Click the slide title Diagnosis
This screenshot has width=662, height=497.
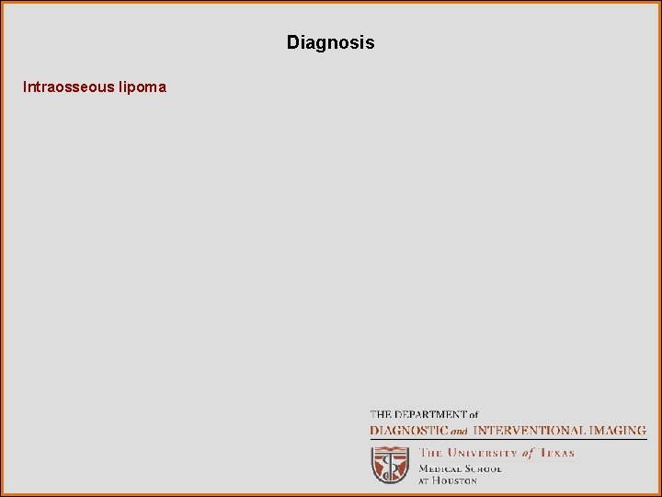point(330,42)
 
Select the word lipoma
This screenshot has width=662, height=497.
point(143,87)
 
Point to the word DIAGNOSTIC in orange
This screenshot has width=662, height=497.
point(408,430)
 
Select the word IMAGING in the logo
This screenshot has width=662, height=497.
point(617,430)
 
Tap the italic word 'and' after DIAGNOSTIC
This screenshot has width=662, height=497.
point(459,431)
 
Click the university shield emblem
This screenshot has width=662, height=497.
point(390,465)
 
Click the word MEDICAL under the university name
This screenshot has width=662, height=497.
point(439,468)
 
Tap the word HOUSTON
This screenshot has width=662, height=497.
point(455,480)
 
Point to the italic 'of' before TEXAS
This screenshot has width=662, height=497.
point(528,453)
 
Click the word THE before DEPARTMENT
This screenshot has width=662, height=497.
point(380,415)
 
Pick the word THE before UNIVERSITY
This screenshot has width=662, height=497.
point(432,453)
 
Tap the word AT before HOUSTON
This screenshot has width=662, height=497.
point(425,480)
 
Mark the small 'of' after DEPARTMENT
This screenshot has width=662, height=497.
point(472,415)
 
